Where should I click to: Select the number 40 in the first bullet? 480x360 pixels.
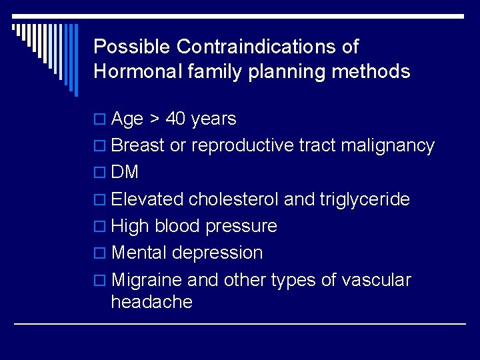[x=175, y=119]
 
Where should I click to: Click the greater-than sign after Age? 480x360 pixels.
[x=154, y=119]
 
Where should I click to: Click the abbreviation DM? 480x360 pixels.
[x=125, y=173]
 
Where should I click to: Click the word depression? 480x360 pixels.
[x=217, y=253]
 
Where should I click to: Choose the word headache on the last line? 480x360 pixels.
[x=151, y=302]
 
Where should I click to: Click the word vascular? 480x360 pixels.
[x=376, y=280]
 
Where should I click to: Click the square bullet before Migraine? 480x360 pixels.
[x=100, y=281]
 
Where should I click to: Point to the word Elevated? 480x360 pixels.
[x=147, y=199]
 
